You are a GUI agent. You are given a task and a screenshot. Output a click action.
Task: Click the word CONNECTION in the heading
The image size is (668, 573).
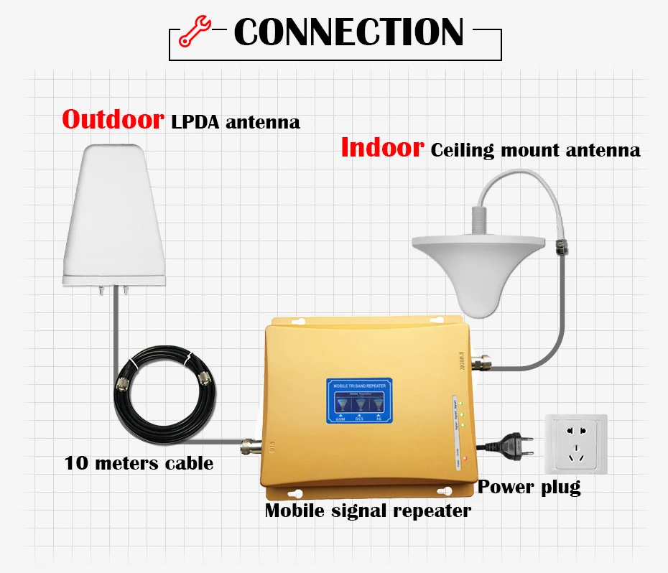pos(349,32)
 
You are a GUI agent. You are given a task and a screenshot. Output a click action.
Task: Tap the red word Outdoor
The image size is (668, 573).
pos(113,119)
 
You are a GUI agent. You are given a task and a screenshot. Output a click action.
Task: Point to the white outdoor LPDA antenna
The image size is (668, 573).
pos(117,215)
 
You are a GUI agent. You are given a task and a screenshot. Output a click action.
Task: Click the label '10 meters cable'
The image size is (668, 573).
pos(139,463)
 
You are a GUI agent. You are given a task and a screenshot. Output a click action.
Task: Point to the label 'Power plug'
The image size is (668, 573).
pos(529,487)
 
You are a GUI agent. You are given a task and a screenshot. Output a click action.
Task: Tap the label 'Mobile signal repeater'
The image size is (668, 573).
pos(368,511)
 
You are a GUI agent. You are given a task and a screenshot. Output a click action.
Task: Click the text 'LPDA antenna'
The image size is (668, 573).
pos(235,122)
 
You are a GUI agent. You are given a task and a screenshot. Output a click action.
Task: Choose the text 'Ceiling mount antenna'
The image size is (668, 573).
pos(535,150)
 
